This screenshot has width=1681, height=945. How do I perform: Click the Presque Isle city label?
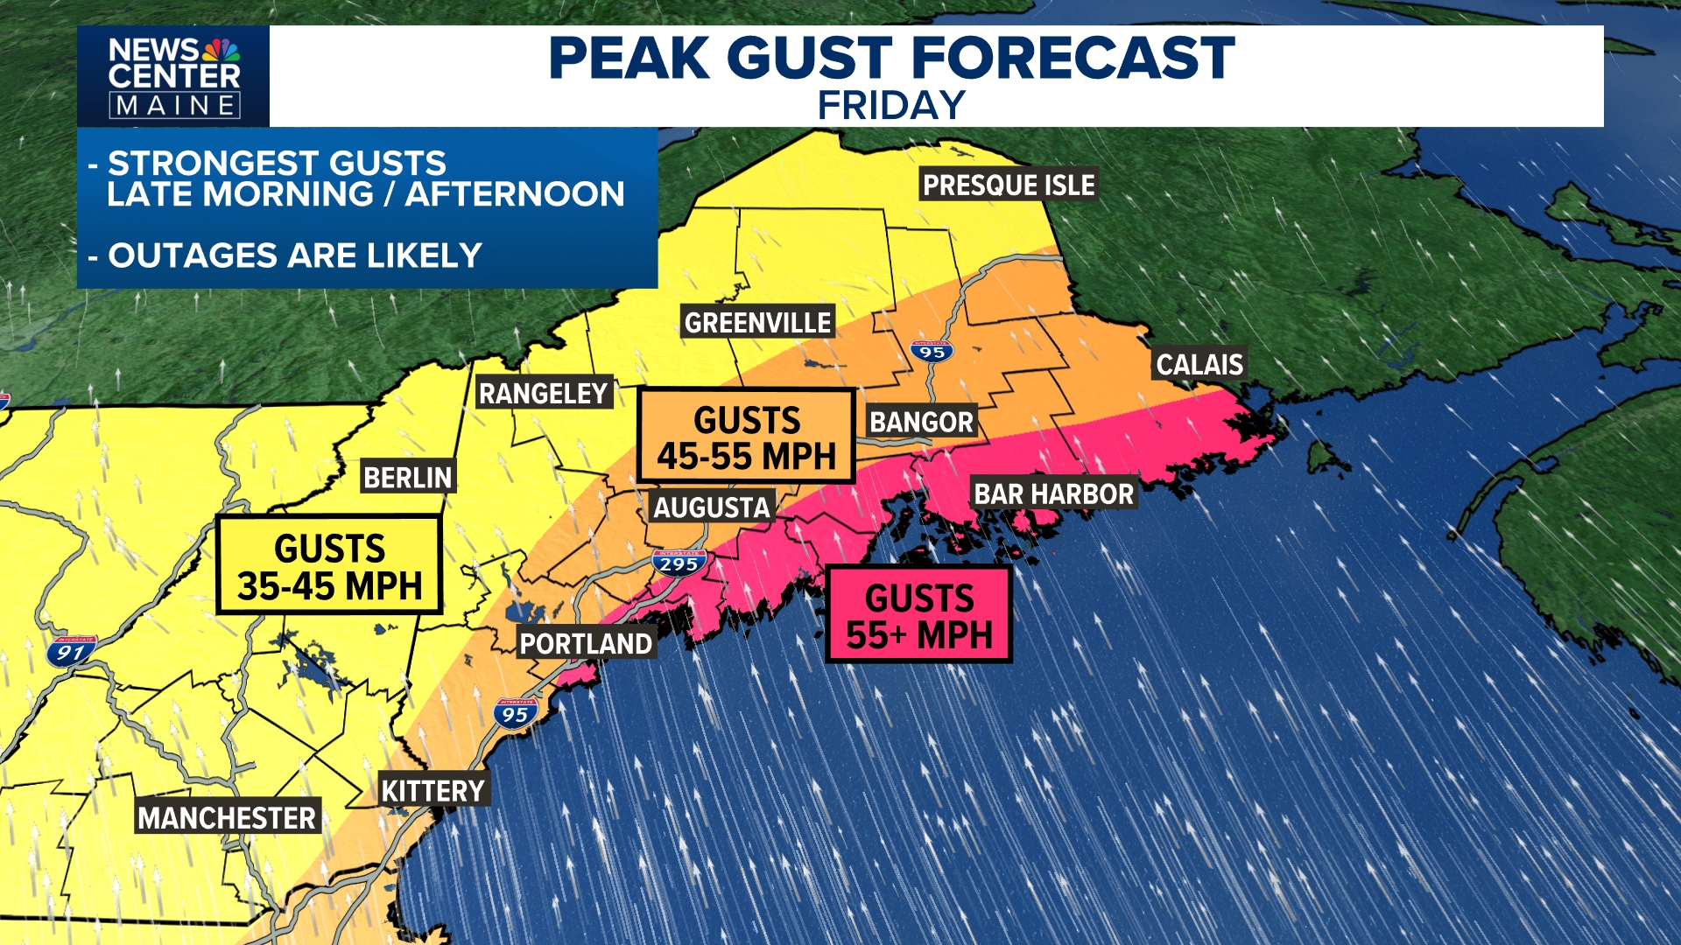1009,185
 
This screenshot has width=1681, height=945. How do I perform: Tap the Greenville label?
757,323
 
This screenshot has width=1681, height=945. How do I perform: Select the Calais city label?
1199,364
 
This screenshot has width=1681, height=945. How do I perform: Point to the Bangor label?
921,422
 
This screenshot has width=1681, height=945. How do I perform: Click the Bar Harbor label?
1053,494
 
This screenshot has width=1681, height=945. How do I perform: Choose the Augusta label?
712,507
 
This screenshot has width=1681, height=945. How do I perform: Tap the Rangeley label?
543,394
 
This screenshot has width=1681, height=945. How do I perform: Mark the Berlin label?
407,478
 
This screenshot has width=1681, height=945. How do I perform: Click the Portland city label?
586,644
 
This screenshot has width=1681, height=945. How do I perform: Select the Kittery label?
433,791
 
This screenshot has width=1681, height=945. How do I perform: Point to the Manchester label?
227,818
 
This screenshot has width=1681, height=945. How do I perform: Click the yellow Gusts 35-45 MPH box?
329,566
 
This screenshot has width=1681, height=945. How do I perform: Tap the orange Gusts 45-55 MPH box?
746,437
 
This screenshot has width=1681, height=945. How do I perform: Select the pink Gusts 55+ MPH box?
918,615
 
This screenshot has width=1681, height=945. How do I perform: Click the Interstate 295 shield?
679,563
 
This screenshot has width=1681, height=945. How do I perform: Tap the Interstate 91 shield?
70,651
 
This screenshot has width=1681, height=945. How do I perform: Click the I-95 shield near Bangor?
932,351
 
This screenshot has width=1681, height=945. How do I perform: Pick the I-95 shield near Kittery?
515,713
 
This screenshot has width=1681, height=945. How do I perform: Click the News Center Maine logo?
173,77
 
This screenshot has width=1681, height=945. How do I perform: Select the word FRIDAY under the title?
891,106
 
